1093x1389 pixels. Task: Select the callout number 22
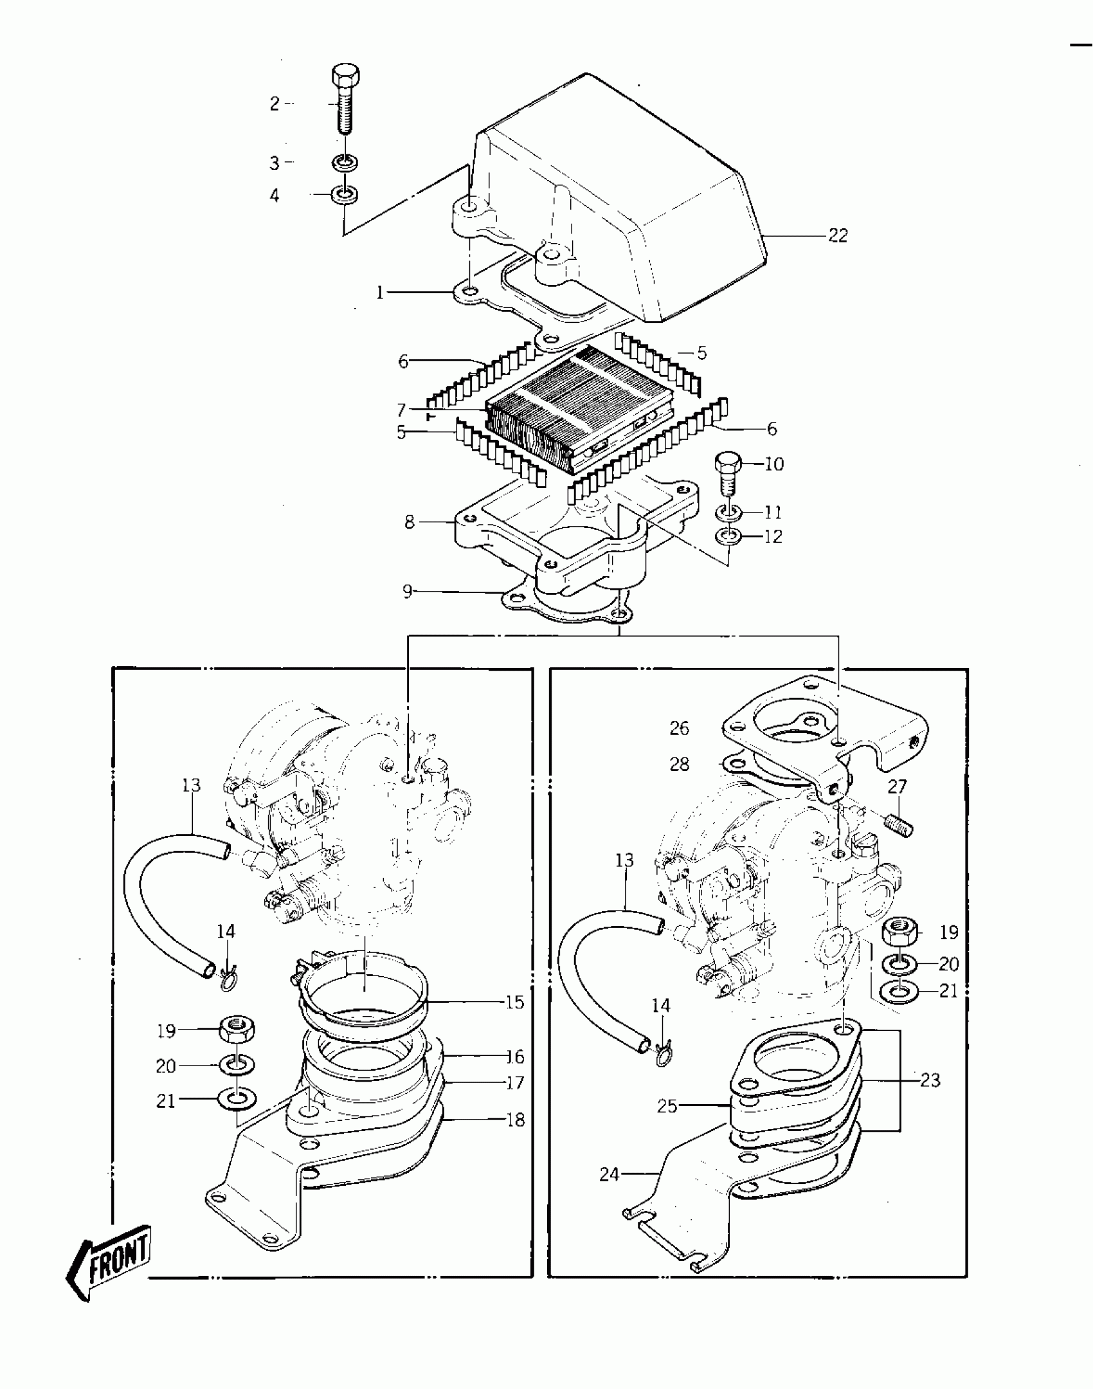837,236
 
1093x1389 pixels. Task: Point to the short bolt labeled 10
728,472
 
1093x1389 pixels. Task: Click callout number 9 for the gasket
407,591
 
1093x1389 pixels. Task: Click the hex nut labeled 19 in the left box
239,1030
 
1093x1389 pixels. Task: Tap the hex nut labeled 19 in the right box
900,932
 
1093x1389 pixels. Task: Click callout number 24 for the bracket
608,1175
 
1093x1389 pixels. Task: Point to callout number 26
679,728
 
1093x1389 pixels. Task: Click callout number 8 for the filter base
410,522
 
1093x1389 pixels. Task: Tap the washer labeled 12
728,536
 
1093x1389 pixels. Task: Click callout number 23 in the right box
930,1080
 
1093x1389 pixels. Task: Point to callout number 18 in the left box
516,1120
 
